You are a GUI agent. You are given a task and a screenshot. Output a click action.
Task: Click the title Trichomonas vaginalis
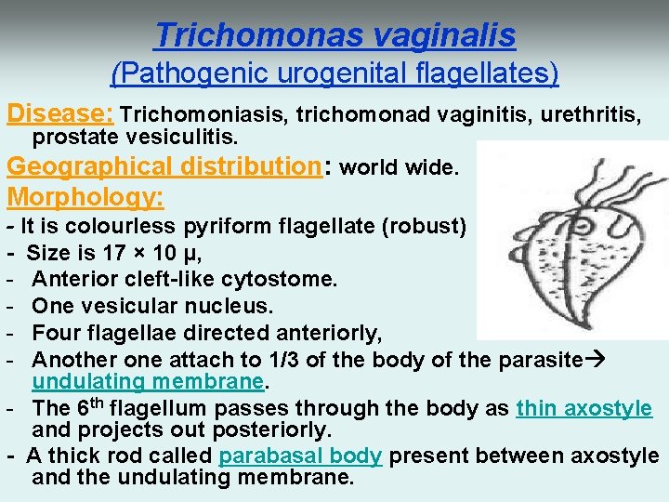(334, 34)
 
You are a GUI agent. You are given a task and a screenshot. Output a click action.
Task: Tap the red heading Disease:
(60, 114)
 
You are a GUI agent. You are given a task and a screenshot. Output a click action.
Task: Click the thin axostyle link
(584, 408)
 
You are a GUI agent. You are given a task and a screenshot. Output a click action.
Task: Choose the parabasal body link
(299, 456)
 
